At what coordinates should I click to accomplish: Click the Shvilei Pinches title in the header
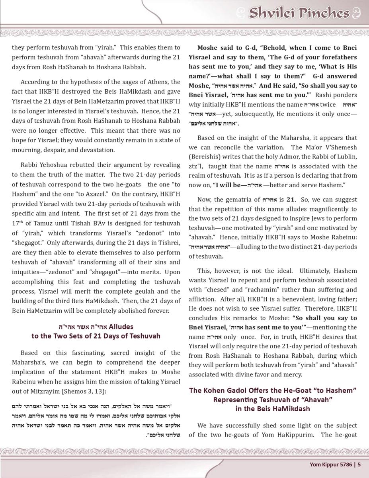[x=299, y=13]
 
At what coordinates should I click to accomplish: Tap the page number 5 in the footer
[x=359, y=464]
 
